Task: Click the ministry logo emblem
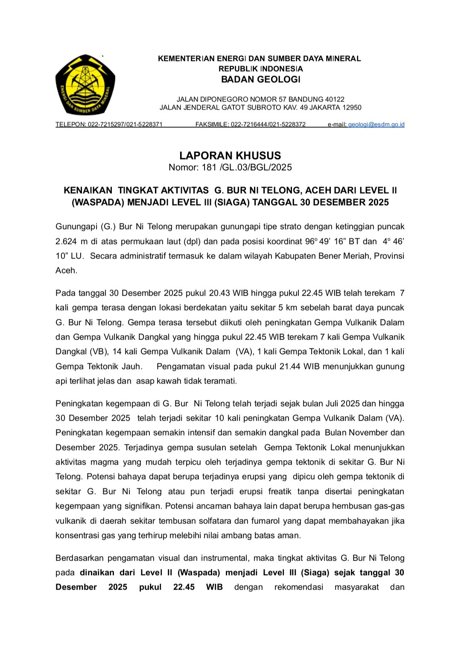(85, 84)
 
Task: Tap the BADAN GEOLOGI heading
(260, 79)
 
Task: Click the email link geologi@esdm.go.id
(376, 125)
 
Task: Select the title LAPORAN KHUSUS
(230, 155)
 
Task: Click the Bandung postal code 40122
(334, 99)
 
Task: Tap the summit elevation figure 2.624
(66, 242)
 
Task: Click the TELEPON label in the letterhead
(70, 125)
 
